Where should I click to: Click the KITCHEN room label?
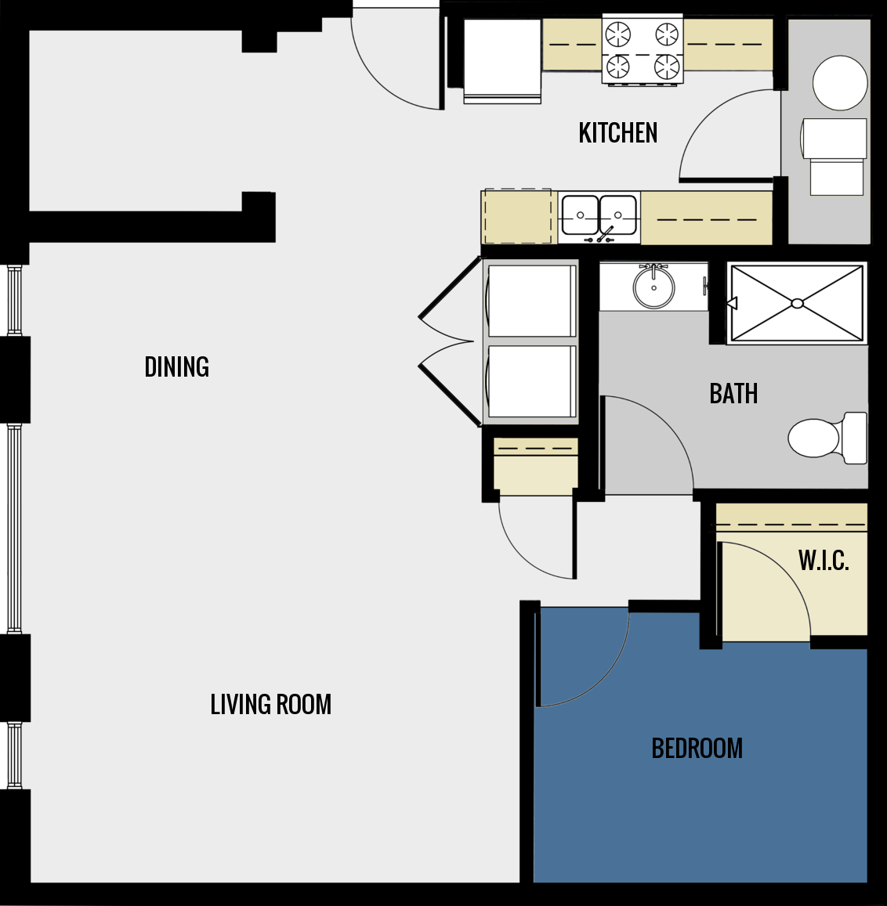pyautogui.click(x=617, y=133)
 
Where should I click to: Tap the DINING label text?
pyautogui.click(x=177, y=366)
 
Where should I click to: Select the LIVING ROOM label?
pyautogui.click(x=270, y=704)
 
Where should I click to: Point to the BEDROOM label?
pyautogui.click(x=697, y=748)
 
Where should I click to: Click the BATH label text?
pyautogui.click(x=733, y=393)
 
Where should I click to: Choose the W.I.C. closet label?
pyautogui.click(x=824, y=561)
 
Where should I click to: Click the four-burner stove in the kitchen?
pyautogui.click(x=643, y=49)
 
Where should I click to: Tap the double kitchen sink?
pyautogui.click(x=599, y=214)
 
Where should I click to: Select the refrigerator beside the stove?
pyautogui.click(x=501, y=60)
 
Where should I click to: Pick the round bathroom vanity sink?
pyautogui.click(x=653, y=287)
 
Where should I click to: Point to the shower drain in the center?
pyautogui.click(x=797, y=303)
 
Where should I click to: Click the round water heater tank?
pyautogui.click(x=840, y=83)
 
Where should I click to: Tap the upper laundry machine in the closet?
pyautogui.click(x=531, y=301)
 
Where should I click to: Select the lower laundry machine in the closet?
pyautogui.click(x=531, y=381)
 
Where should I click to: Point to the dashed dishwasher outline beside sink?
pyautogui.click(x=517, y=216)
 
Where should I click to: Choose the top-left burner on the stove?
pyautogui.click(x=618, y=34)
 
